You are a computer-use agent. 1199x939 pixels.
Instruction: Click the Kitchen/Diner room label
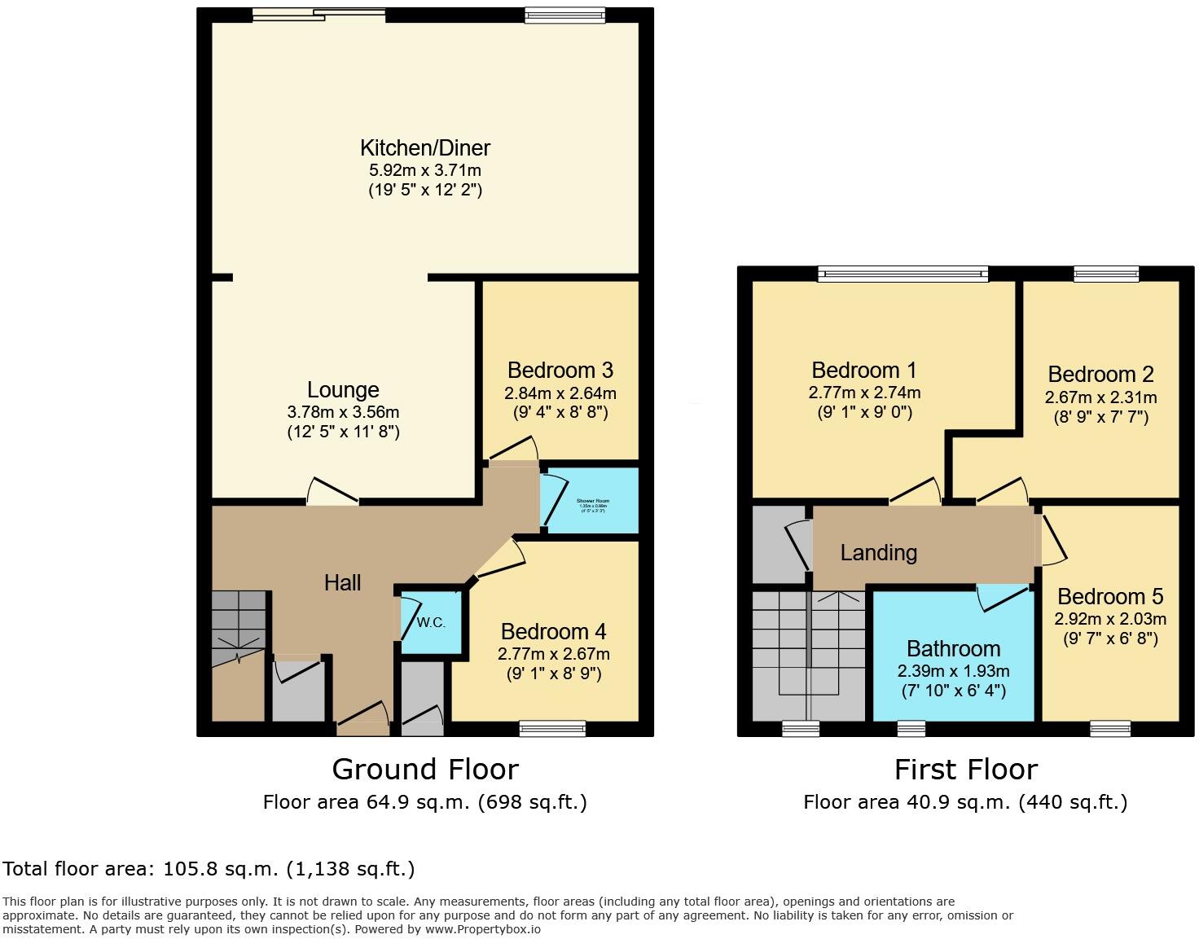click(425, 148)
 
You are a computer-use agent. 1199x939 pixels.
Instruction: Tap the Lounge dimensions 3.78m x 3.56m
click(343, 412)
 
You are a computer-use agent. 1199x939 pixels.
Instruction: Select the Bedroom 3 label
click(560, 371)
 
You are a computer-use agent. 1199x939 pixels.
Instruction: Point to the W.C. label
click(431, 623)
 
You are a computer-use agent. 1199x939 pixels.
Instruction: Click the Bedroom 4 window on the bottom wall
click(552, 728)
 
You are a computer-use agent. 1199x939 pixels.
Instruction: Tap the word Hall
click(342, 582)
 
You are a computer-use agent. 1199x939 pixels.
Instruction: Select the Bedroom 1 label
click(864, 371)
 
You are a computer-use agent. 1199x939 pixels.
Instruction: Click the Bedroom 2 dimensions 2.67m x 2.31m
click(1100, 397)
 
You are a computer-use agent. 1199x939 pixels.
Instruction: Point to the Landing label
click(878, 553)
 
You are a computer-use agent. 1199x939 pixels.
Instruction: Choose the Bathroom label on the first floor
click(953, 649)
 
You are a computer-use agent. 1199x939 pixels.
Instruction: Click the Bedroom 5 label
click(1109, 597)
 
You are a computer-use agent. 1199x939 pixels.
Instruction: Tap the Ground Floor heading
click(424, 770)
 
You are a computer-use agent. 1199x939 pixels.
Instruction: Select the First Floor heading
click(965, 770)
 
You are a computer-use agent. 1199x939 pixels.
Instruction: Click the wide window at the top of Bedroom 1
click(903, 274)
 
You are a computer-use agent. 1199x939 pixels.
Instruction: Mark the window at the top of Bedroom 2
click(1105, 274)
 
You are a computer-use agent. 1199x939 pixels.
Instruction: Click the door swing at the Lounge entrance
click(332, 492)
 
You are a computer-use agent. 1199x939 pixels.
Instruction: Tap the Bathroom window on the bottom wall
click(911, 728)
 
